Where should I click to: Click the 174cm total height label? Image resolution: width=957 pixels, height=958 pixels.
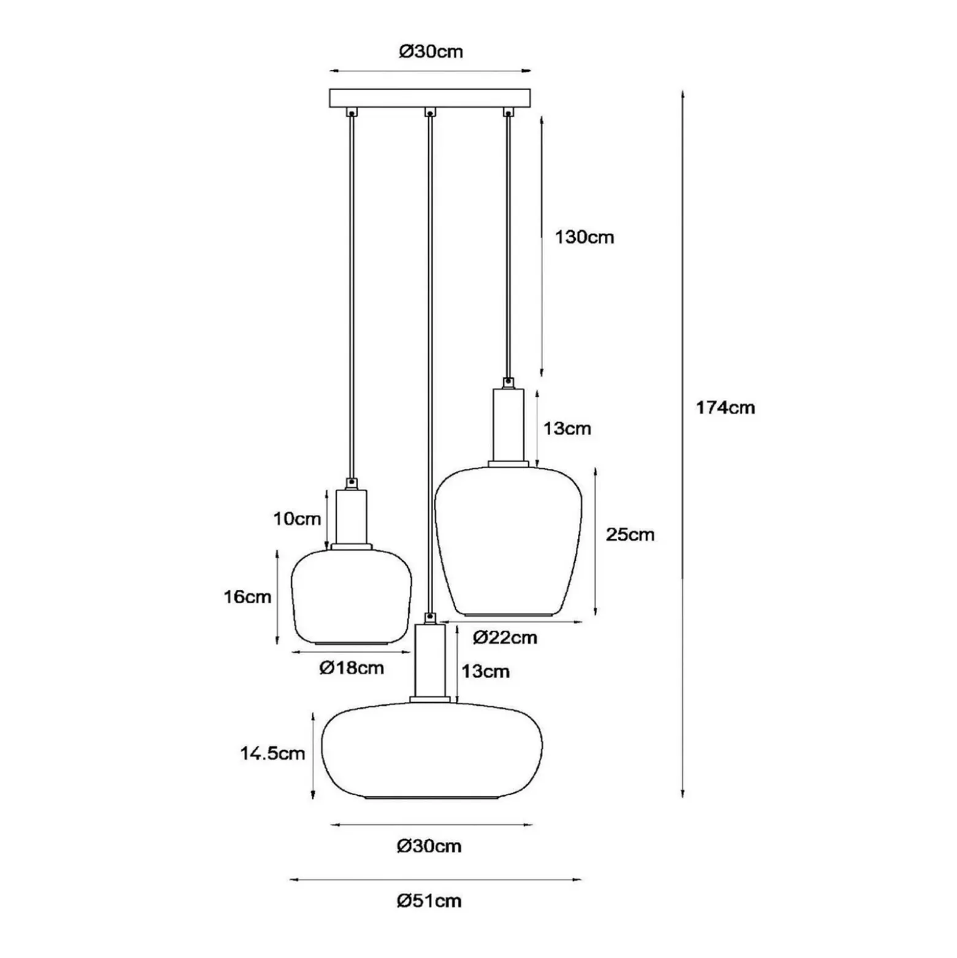(x=725, y=408)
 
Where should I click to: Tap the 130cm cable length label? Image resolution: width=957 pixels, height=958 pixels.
(x=584, y=237)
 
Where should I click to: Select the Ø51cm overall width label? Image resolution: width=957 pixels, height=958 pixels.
(x=429, y=901)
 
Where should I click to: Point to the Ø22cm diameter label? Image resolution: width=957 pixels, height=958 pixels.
(x=505, y=638)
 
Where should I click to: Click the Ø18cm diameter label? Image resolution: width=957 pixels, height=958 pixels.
(x=352, y=668)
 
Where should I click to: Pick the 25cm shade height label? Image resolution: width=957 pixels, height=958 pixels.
(x=630, y=535)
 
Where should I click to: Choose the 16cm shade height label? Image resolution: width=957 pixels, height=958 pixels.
(x=247, y=597)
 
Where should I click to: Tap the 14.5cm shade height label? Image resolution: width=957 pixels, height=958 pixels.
(x=272, y=754)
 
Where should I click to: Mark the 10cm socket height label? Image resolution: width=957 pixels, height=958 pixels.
(x=297, y=519)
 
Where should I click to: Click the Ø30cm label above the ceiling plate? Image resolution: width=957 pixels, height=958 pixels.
(x=431, y=52)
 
